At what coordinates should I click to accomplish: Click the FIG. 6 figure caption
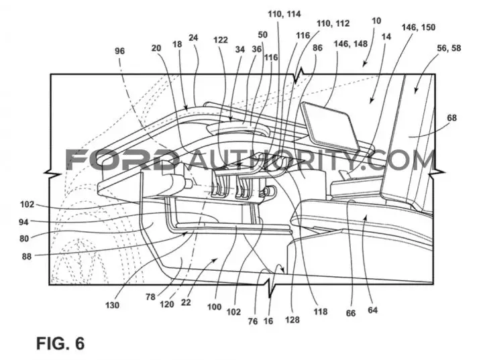click(60, 343)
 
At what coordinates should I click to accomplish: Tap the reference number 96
click(120, 51)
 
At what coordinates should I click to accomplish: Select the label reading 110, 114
click(284, 14)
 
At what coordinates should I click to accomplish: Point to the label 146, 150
click(419, 27)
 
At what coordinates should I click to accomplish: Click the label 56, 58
click(449, 48)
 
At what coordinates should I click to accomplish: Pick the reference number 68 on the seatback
click(452, 117)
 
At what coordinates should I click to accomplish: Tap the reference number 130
click(112, 305)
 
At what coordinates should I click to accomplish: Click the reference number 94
click(23, 222)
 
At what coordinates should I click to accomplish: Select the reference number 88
click(26, 256)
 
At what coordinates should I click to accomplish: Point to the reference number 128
click(292, 320)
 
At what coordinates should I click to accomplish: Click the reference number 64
click(372, 310)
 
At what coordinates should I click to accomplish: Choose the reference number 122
click(221, 40)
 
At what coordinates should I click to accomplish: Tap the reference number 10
click(376, 21)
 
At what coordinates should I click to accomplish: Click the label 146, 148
click(351, 44)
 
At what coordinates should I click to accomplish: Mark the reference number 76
click(253, 321)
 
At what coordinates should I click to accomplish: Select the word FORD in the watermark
click(123, 160)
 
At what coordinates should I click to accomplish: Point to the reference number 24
click(193, 38)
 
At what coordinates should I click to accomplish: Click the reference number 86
click(317, 48)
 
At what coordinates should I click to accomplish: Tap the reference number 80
click(24, 239)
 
